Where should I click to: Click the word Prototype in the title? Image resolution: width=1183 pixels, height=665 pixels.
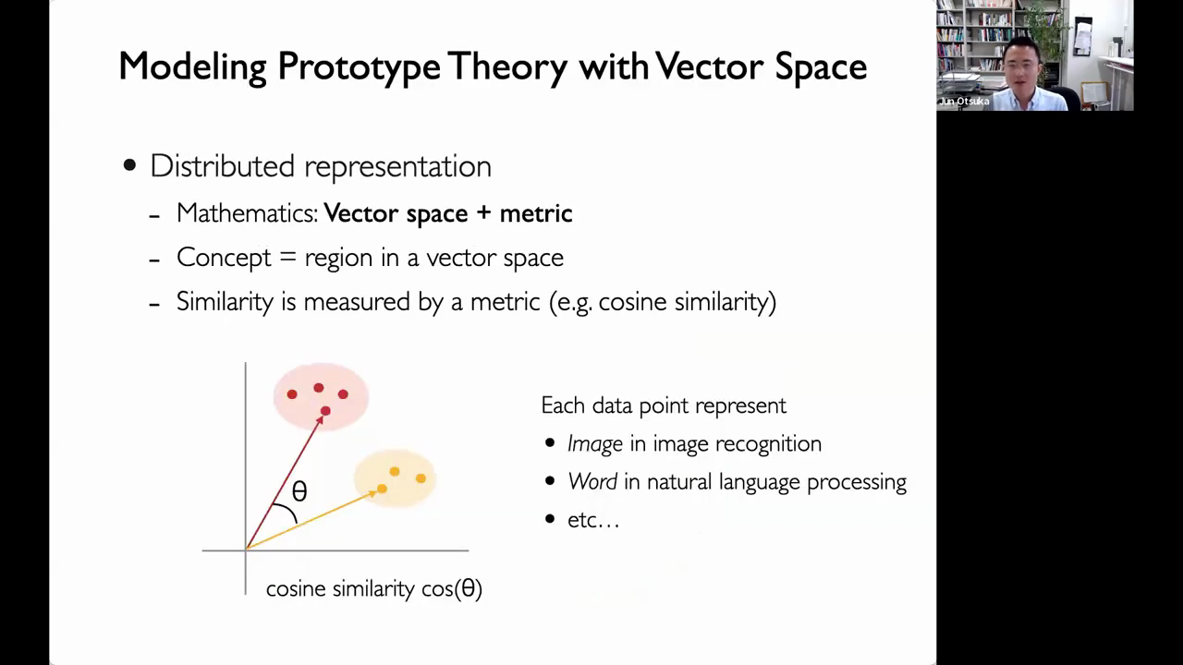tap(359, 67)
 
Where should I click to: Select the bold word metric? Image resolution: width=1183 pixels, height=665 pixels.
tap(536, 213)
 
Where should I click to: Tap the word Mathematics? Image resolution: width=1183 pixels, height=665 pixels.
tap(247, 213)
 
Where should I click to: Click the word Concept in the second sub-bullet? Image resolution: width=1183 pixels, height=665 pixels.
tap(224, 258)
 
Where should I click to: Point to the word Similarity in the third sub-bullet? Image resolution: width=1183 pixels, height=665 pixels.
tap(225, 302)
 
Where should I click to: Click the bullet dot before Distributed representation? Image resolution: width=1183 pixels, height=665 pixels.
tap(129, 165)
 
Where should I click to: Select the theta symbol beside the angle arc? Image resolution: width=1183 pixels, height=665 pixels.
tap(299, 491)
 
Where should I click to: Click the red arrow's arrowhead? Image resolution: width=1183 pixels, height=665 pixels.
tap(320, 420)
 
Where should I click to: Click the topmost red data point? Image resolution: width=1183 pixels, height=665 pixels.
tap(319, 388)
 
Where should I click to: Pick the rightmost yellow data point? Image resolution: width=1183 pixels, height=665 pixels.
tap(421, 478)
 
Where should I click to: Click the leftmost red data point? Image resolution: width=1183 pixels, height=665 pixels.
tap(292, 394)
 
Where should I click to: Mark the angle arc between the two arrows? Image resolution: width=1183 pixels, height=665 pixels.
tap(289, 510)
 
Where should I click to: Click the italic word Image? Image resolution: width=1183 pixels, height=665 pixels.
tap(595, 444)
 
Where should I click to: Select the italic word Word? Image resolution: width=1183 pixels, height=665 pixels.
tap(592, 482)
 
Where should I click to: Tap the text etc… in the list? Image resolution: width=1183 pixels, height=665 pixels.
tap(593, 520)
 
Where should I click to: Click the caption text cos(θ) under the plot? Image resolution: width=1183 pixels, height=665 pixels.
tap(452, 589)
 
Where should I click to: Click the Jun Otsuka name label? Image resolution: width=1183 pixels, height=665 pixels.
tap(964, 102)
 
